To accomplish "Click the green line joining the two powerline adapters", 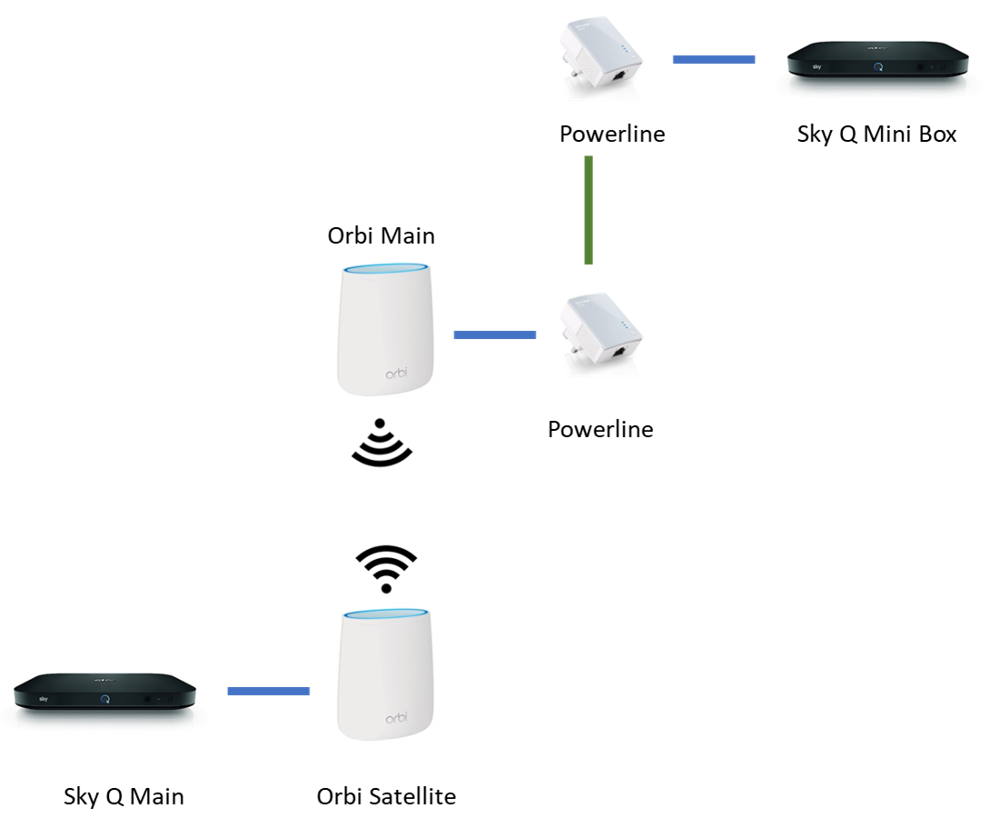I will point(589,210).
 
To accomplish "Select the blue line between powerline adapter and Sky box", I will point(713,60).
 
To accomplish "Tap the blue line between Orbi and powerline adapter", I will point(495,335).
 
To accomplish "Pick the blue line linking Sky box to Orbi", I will point(268,692).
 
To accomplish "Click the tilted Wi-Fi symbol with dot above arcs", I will point(382,444).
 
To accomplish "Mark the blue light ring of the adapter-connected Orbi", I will point(387,269).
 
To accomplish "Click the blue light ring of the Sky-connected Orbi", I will point(387,615).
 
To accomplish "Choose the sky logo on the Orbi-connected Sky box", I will point(43,699).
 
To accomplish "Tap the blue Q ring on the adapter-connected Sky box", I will point(878,66).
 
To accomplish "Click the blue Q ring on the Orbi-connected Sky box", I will point(105,700).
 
